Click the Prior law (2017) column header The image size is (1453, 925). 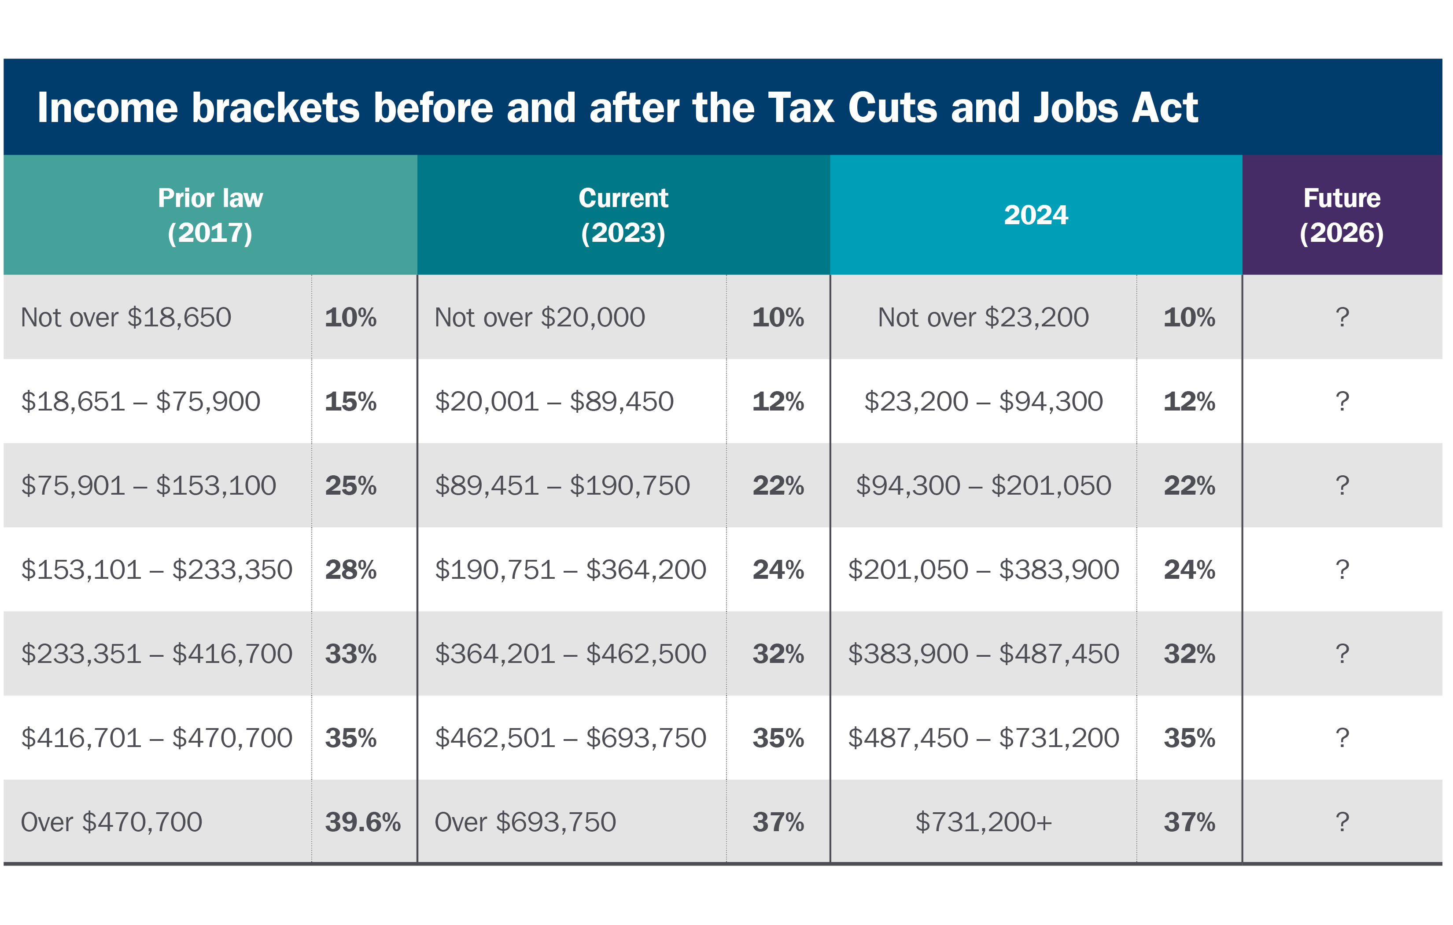[x=210, y=215]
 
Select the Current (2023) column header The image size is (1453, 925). [x=623, y=215]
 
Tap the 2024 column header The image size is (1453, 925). [x=1036, y=215]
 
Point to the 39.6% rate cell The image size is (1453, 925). [x=363, y=822]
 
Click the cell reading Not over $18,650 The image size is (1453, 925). [x=126, y=318]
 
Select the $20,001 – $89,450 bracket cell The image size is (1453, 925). [x=554, y=402]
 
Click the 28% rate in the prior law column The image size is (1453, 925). [x=350, y=570]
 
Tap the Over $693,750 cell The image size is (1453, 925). [x=525, y=822]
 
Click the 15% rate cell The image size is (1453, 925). [x=350, y=402]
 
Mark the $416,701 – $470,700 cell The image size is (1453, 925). [x=156, y=738]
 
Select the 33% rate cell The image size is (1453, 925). [x=350, y=654]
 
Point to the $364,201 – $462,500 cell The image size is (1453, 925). [x=570, y=654]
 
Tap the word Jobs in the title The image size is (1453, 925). [x=1075, y=109]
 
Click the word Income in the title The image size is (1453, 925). [x=107, y=109]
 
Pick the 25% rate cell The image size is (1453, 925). [x=350, y=486]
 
